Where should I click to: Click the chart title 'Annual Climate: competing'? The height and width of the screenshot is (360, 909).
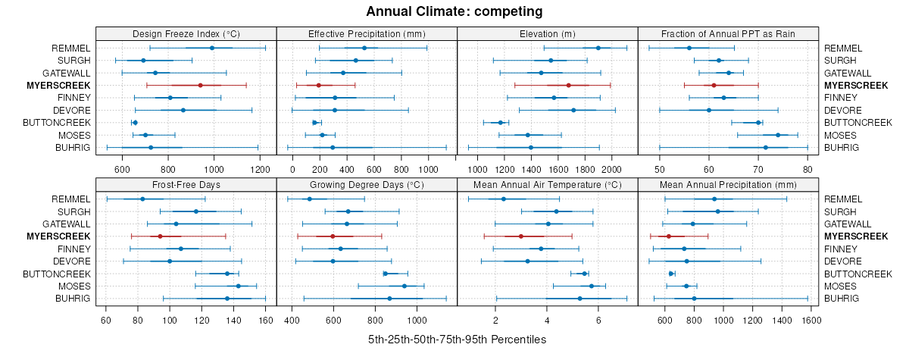(x=454, y=11)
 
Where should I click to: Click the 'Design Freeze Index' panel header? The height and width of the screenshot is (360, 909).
(x=186, y=33)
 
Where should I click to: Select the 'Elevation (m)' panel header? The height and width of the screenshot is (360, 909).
(x=548, y=33)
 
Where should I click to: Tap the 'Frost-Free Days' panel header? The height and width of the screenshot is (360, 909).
(x=186, y=184)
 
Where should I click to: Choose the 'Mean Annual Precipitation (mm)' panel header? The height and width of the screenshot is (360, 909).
(x=728, y=184)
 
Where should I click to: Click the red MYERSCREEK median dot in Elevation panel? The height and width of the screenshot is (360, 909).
(x=568, y=85)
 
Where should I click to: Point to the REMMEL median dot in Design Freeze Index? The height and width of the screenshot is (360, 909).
(x=212, y=48)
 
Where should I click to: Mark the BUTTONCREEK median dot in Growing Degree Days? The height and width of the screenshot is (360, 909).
(x=386, y=274)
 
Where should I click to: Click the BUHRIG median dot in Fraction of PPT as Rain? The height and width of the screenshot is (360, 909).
(x=766, y=147)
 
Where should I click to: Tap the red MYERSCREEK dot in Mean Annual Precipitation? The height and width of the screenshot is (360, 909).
(x=668, y=236)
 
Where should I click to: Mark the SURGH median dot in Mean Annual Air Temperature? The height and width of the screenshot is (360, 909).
(x=556, y=211)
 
